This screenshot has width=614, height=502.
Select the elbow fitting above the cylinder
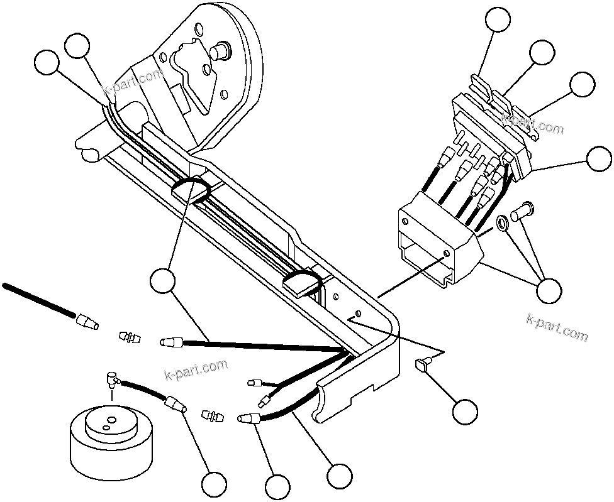[113, 378]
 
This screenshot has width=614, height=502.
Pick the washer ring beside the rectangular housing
[503, 223]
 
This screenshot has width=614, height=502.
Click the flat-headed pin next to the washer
[522, 212]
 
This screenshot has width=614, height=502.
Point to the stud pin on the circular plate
[222, 50]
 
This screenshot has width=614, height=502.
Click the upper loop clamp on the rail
[191, 188]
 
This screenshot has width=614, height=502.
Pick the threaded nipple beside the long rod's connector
[128, 338]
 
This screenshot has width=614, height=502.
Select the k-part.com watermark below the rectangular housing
[556, 327]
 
